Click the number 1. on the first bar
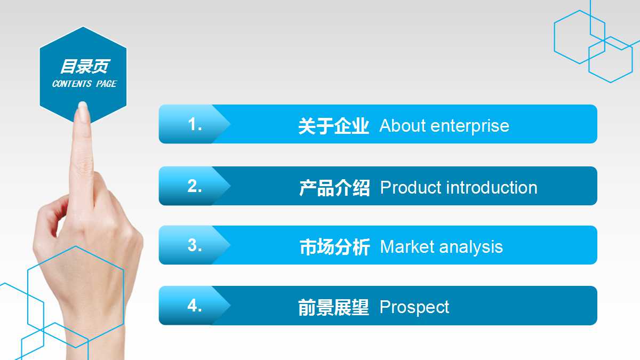195,125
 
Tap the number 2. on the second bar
195,186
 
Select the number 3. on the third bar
195,245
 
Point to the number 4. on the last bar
195,306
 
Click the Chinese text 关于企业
333,126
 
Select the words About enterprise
444,126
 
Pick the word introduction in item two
491,188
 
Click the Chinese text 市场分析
334,247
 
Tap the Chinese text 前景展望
333,308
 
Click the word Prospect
414,308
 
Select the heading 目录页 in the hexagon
84,67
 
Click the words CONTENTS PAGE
84,84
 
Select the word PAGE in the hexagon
106,84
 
